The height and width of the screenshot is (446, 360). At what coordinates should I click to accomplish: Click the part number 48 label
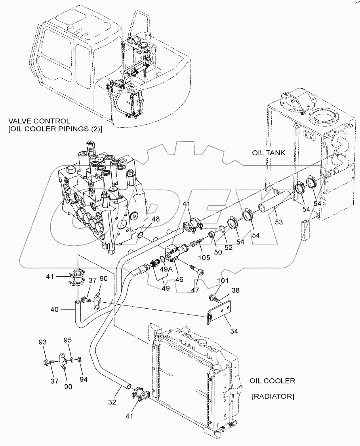click(x=156, y=219)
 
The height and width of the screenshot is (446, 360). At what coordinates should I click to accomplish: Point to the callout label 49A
click(x=166, y=269)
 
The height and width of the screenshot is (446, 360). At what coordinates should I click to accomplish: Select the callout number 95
click(x=69, y=340)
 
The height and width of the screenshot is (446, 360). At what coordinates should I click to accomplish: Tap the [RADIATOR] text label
click(x=272, y=396)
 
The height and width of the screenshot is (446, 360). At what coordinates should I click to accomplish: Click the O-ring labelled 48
click(x=140, y=235)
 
